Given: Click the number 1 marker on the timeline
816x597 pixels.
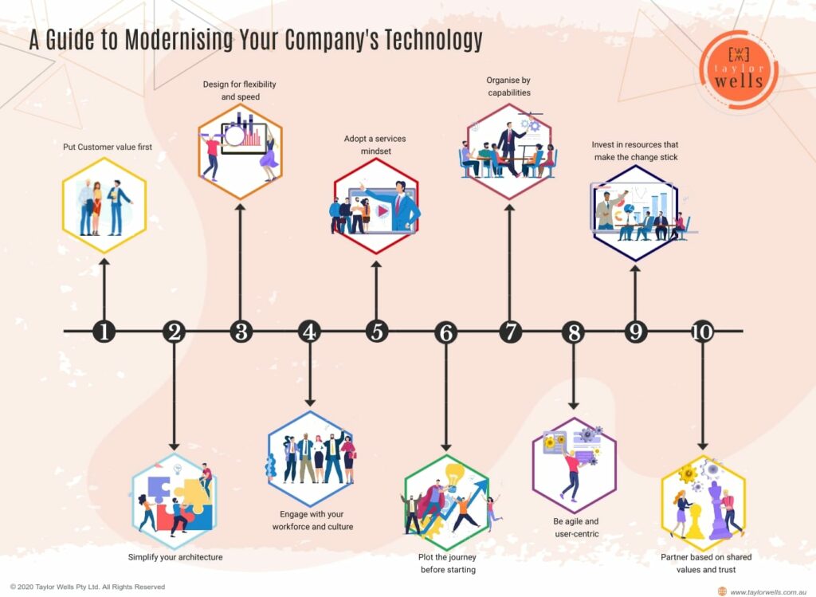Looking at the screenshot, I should (x=104, y=332).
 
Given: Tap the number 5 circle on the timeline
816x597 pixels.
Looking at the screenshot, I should (x=377, y=332).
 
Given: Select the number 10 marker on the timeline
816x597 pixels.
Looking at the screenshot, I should (x=702, y=332).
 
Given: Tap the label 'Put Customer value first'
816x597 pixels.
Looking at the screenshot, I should (x=108, y=147).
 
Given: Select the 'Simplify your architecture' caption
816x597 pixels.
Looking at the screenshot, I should (x=175, y=557).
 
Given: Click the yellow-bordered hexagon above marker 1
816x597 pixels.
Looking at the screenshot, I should (x=104, y=205).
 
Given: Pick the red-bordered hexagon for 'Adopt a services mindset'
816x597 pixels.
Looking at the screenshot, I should (x=376, y=206).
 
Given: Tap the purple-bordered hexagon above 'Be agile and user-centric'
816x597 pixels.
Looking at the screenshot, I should (x=574, y=465).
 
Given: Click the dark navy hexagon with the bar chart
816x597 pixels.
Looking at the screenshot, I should (x=635, y=213).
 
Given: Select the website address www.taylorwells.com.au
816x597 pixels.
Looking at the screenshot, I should (x=767, y=591).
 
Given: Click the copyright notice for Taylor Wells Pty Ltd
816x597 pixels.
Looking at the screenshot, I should (x=88, y=587).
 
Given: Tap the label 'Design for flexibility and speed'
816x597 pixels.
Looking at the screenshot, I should (x=241, y=90).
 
